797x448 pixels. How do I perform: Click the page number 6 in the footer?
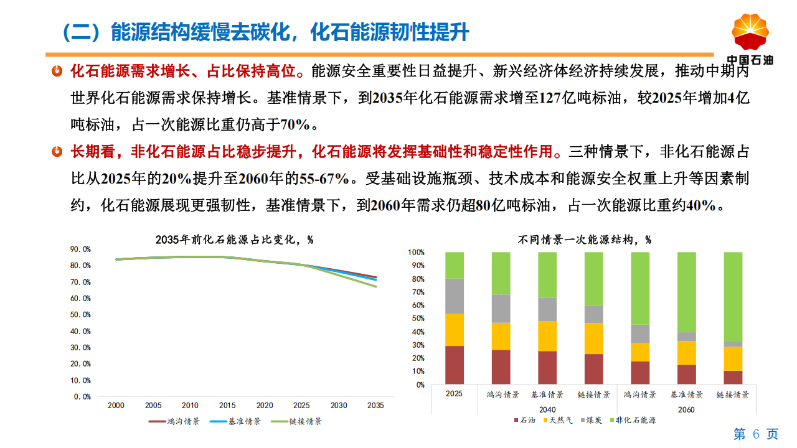point(756,434)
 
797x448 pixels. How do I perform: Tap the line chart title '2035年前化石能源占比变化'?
point(233,239)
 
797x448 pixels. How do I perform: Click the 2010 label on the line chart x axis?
point(190,405)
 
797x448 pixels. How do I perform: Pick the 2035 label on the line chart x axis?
point(375,405)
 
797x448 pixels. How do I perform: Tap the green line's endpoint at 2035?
point(376,286)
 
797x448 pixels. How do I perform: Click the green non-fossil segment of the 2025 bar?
point(455,265)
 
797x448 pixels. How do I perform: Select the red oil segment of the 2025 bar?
point(455,365)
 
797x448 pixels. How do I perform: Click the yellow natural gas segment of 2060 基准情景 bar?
point(687,353)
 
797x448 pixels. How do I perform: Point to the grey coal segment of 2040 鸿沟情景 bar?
point(501,309)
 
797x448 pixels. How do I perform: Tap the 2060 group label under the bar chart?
point(686,409)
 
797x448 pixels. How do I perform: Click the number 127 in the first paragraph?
point(541,98)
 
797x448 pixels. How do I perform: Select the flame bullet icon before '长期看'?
point(57,151)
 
